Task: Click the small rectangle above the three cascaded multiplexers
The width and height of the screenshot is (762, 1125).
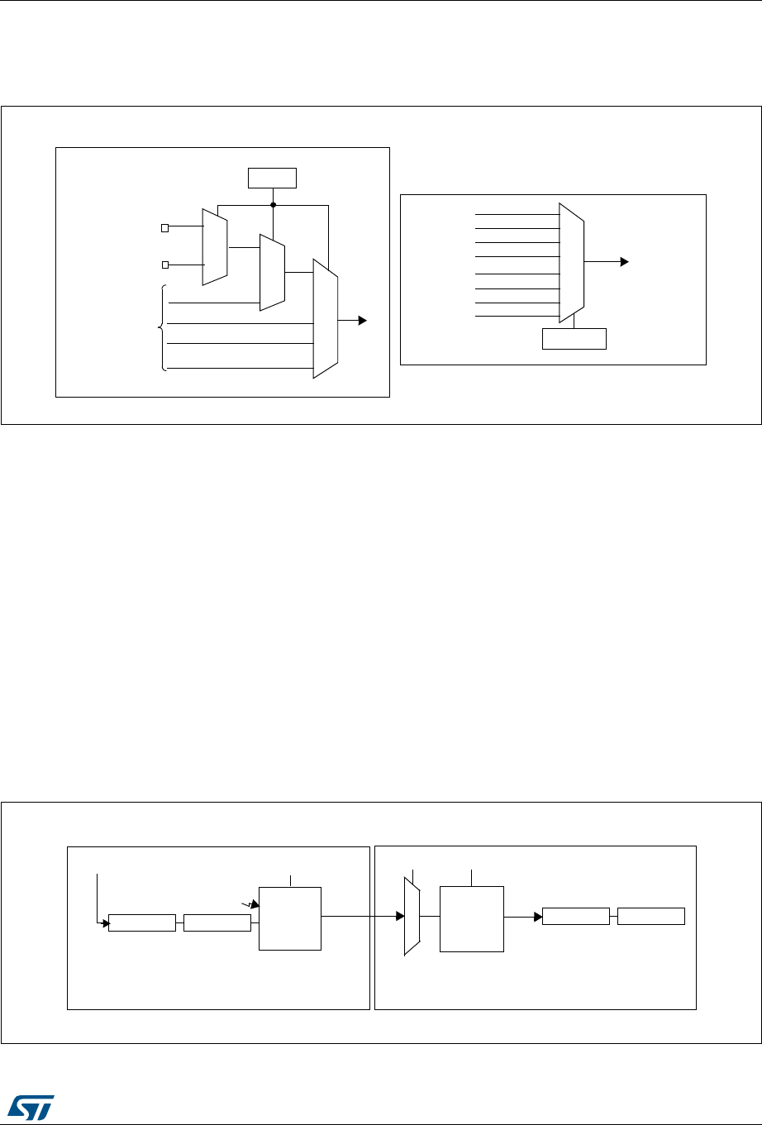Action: pyautogui.click(x=273, y=178)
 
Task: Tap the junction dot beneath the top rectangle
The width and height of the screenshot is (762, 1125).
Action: pyautogui.click(x=273, y=204)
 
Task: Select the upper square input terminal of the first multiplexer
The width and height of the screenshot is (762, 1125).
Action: pyautogui.click(x=165, y=226)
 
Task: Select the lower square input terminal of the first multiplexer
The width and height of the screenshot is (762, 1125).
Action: pyautogui.click(x=165, y=265)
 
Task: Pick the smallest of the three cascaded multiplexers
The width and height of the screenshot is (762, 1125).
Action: pyautogui.click(x=215, y=246)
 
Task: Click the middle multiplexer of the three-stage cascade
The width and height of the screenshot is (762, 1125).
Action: pyautogui.click(x=272, y=272)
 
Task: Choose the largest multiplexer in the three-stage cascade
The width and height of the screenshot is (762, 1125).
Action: pyautogui.click(x=326, y=318)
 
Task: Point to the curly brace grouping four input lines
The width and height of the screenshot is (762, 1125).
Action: pyautogui.click(x=163, y=328)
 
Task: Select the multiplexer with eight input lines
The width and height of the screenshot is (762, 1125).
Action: pyautogui.click(x=572, y=262)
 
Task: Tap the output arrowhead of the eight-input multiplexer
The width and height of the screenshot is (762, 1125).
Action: pyautogui.click(x=624, y=262)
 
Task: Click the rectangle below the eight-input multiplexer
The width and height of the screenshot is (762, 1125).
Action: pyautogui.click(x=574, y=339)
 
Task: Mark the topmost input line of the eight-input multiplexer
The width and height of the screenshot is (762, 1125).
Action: pyautogui.click(x=517, y=214)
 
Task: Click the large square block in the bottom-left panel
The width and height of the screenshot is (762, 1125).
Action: pyautogui.click(x=290, y=918)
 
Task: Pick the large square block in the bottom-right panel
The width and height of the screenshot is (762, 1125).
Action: pyautogui.click(x=471, y=919)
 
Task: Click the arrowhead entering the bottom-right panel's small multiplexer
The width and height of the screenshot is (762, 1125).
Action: pyautogui.click(x=402, y=916)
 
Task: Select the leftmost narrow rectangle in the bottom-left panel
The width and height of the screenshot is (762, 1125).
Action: pyautogui.click(x=142, y=922)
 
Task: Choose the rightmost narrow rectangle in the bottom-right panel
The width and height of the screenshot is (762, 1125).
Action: pyautogui.click(x=651, y=916)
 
